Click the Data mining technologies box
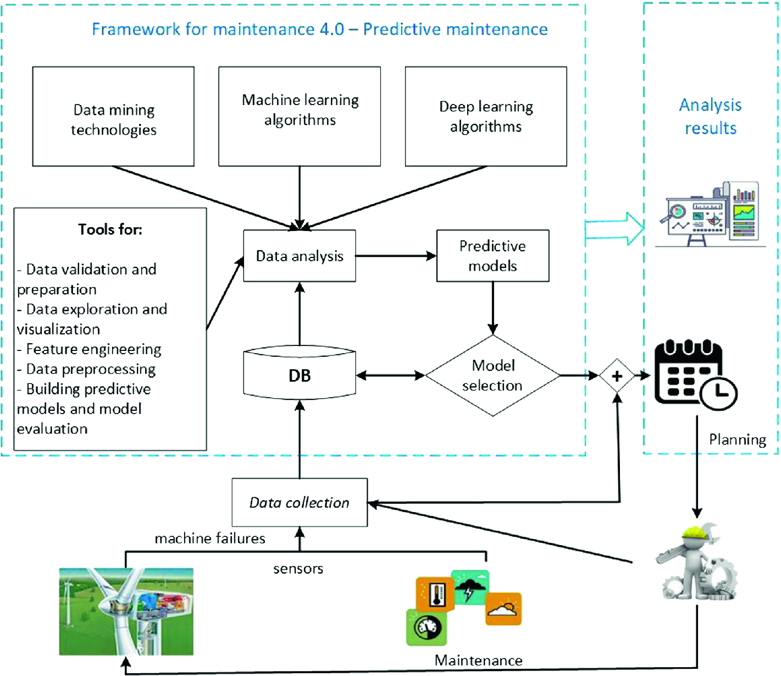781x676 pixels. tap(113, 117)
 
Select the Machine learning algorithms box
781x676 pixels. tap(300, 117)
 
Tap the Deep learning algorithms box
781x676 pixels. tap(486, 117)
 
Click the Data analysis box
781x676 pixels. tap(300, 256)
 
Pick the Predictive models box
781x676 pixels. tap(492, 256)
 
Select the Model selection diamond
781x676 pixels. tap(492, 376)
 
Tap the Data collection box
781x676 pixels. tap(300, 502)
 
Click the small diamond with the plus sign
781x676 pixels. tap(617, 376)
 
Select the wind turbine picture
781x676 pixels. tap(126, 611)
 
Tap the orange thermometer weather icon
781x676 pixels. tap(435, 595)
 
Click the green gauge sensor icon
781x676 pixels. tap(426, 627)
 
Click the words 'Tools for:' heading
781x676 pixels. tap(110, 229)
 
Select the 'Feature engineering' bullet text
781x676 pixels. tap(93, 349)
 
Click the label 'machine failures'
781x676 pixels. tap(210, 538)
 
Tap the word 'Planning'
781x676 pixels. tap(737, 439)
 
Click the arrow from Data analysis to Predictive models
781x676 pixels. tap(396, 256)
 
